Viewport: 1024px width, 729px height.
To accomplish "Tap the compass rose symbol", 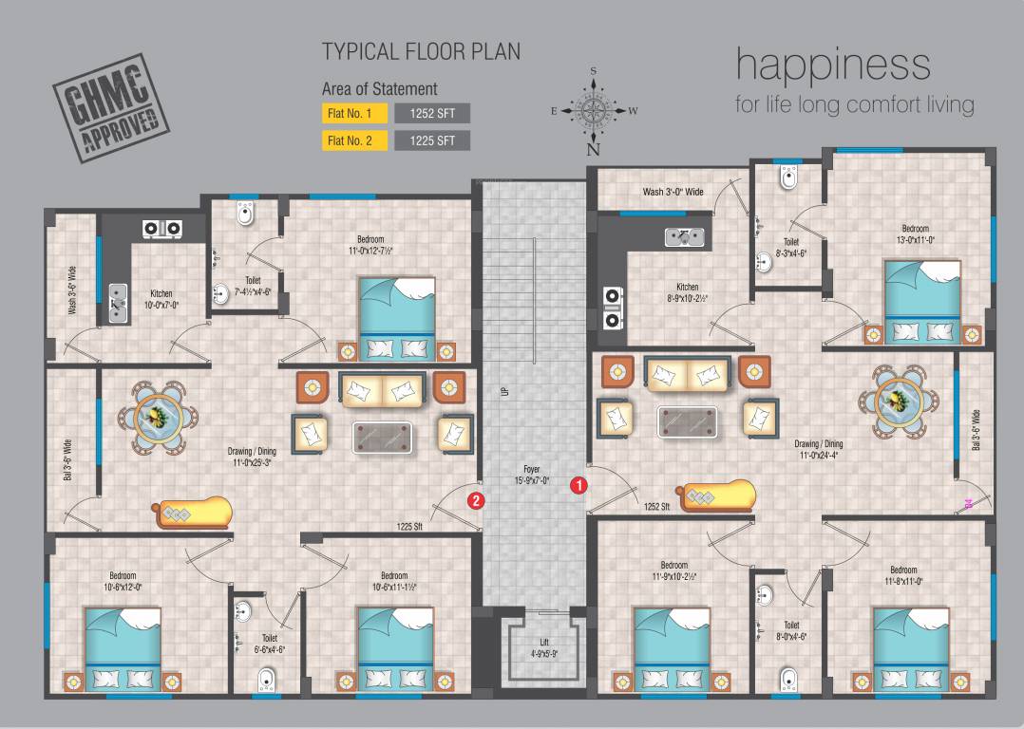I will coord(594,111).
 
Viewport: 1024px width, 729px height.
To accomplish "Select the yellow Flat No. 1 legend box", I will coord(354,114).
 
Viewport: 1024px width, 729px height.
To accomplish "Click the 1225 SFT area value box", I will coord(432,140).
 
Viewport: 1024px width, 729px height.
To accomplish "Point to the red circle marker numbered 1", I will coord(578,485).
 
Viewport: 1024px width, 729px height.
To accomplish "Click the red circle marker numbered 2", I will coord(477,499).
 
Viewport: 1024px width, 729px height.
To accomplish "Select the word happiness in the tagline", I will coord(833,65).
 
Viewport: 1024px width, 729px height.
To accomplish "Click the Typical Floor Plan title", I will coord(421,51).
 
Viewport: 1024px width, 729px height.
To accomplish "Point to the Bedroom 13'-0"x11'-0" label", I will coord(915,234).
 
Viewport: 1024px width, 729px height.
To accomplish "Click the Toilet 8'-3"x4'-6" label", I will coord(789,248).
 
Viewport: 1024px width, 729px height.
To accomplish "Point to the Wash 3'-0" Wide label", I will coord(673,192).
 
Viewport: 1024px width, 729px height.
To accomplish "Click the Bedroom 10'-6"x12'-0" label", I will coord(123,581).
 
